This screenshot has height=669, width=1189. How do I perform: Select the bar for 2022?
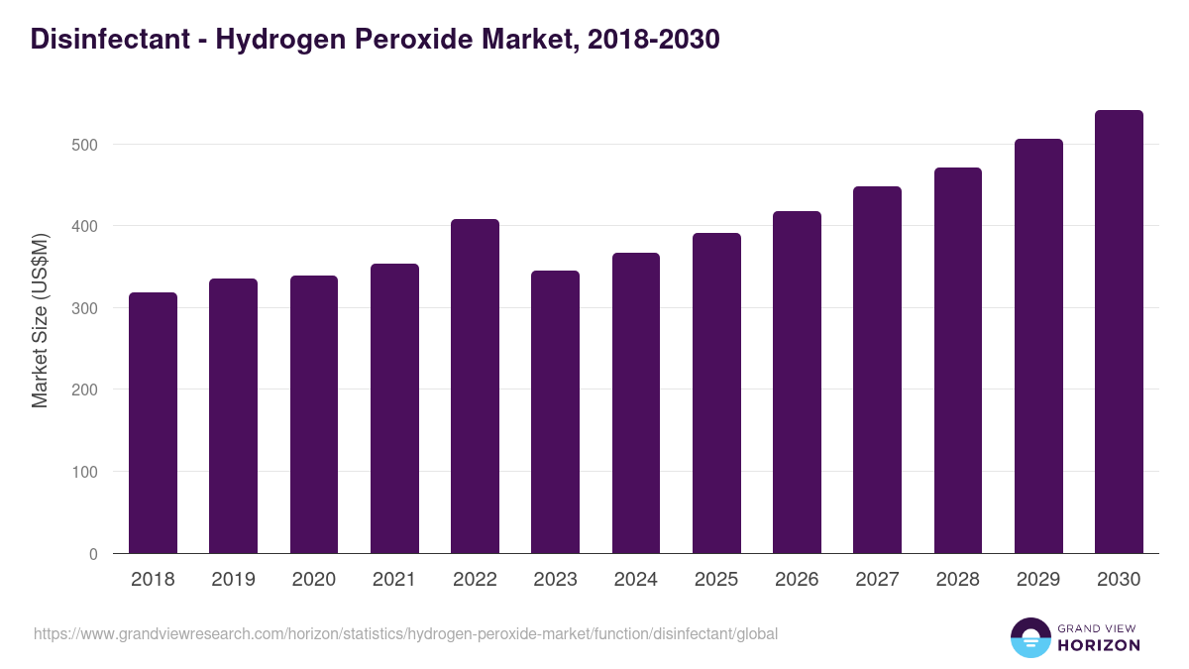coord(475,387)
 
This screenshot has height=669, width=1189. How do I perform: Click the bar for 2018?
coord(153,423)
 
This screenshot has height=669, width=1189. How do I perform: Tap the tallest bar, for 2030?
coord(1119,332)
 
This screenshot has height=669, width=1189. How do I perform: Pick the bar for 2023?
coord(555,412)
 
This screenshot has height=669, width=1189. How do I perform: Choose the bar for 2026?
coord(797,383)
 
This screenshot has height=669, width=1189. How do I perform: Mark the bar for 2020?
coord(313,414)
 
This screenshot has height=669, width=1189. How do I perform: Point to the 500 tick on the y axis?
coord(86,145)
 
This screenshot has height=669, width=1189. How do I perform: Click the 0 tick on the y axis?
coord(93,554)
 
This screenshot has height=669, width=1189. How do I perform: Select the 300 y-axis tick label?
coord(86,308)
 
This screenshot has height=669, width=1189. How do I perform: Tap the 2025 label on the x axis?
coord(716,580)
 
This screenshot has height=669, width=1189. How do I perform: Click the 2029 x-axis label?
coord(1038,580)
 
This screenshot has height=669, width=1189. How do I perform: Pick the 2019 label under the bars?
coord(233,580)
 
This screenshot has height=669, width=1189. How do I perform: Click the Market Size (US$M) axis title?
coord(40,321)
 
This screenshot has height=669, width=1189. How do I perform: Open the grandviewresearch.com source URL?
coord(405,633)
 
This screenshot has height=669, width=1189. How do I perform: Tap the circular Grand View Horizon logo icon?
coord(1029,637)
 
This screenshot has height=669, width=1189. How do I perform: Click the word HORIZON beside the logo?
coord(1098,645)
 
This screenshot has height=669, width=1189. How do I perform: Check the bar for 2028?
coord(957,361)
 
